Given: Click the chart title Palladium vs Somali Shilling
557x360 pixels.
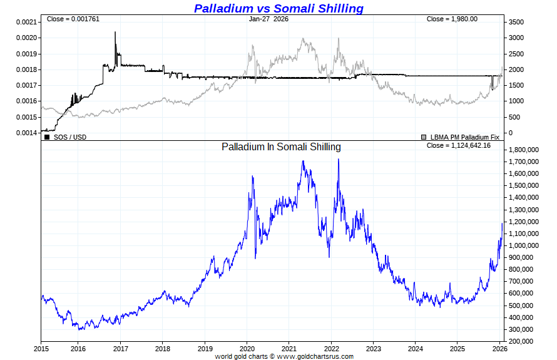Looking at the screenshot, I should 278,8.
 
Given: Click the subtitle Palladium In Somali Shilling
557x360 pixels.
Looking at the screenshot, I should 281,147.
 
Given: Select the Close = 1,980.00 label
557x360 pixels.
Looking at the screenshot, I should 452,19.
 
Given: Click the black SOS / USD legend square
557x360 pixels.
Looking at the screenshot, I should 47,136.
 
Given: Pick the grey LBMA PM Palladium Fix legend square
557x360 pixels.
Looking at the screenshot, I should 424,136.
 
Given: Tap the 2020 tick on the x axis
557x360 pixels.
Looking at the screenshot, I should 247,348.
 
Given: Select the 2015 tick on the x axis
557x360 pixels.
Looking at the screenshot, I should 41,348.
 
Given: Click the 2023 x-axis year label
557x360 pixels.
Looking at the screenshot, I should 374,348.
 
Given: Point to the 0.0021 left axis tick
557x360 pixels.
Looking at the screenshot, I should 26,22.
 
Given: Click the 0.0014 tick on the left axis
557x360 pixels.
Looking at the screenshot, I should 26,133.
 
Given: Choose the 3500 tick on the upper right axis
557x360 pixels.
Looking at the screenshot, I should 516,22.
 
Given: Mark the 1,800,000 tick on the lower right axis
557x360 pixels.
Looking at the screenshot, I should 524,150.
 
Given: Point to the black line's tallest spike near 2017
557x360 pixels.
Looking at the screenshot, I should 115,33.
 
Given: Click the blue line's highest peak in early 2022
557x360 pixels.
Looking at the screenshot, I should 339,159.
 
